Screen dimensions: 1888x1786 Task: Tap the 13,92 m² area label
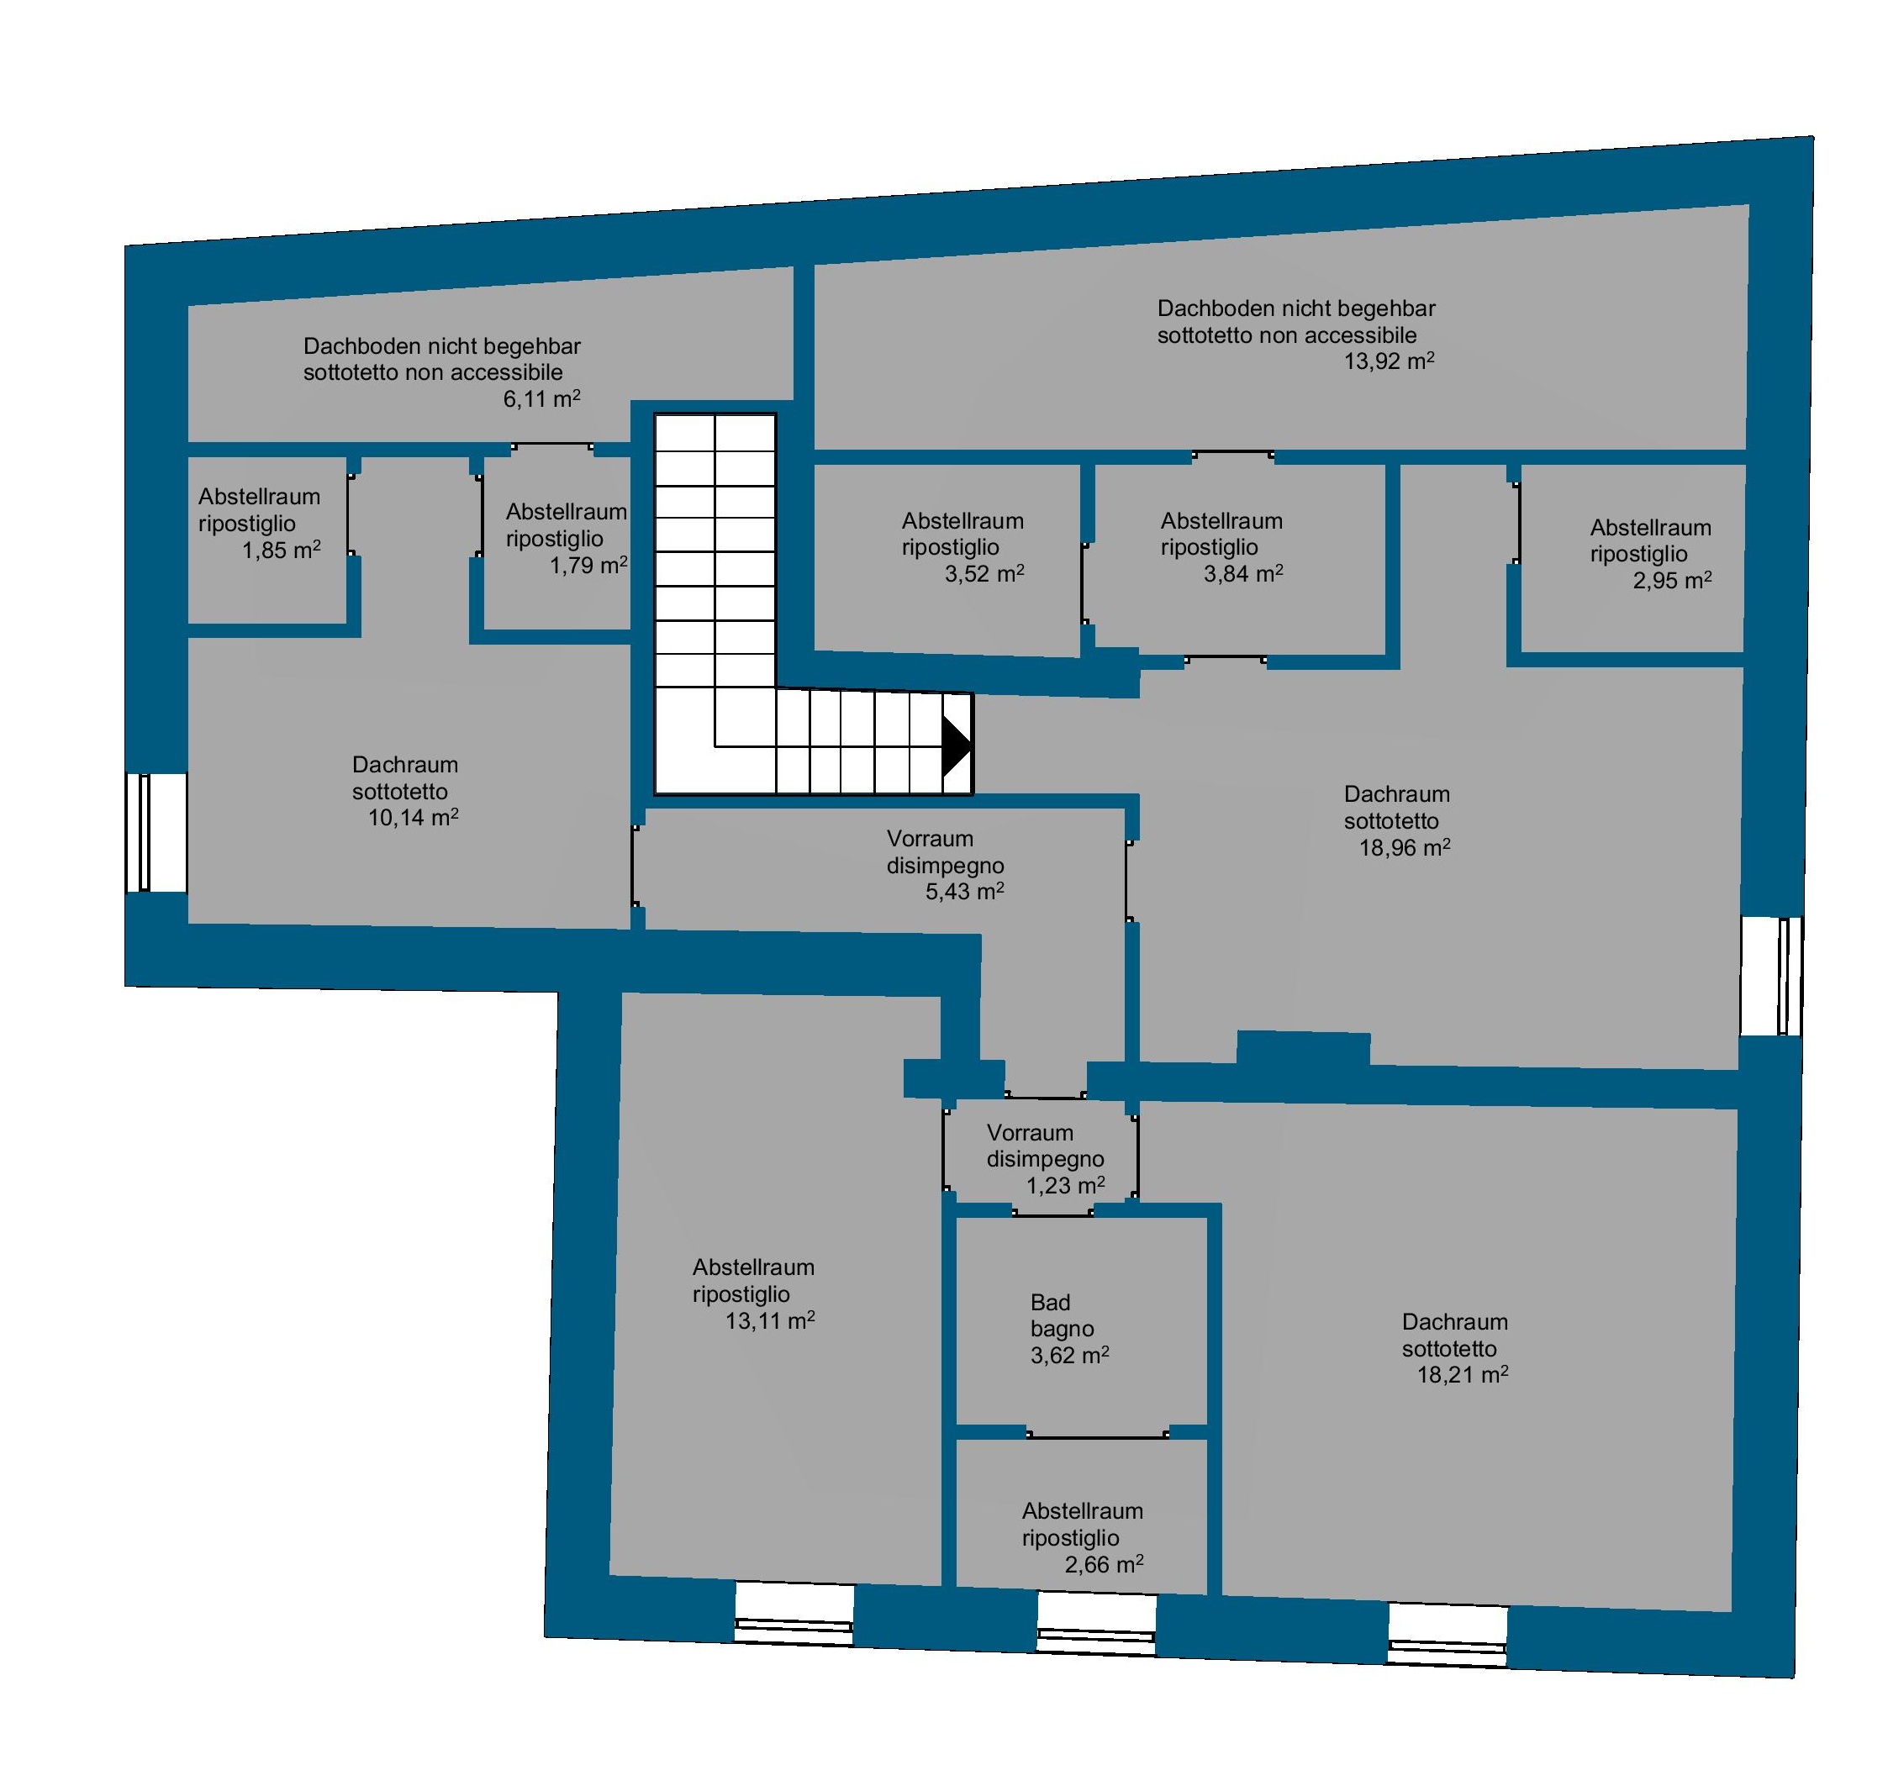[x=1390, y=361]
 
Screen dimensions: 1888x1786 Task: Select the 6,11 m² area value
[x=541, y=399]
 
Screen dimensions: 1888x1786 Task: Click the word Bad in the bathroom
[x=1050, y=1303]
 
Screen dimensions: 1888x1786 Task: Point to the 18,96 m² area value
[x=1405, y=847]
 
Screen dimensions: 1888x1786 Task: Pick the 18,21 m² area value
[x=1463, y=1375]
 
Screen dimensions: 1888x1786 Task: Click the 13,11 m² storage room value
[x=770, y=1320]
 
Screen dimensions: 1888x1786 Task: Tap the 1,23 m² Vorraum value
[x=1065, y=1185]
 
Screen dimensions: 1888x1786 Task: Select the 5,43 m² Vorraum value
[x=964, y=891]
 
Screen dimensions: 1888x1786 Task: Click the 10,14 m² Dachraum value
[x=414, y=817]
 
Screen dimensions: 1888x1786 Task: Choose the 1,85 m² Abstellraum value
[x=281, y=551]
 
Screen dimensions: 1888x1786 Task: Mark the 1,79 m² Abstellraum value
[x=588, y=566]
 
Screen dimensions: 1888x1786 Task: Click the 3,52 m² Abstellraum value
[x=984, y=573]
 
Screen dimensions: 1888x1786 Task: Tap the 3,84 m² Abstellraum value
[x=1243, y=573]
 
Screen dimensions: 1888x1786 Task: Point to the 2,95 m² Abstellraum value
[x=1673, y=580]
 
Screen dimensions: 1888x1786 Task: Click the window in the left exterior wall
[x=156, y=832]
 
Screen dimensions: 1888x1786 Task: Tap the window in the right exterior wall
[x=1772, y=976]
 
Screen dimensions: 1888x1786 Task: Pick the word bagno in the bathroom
[x=1063, y=1329]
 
